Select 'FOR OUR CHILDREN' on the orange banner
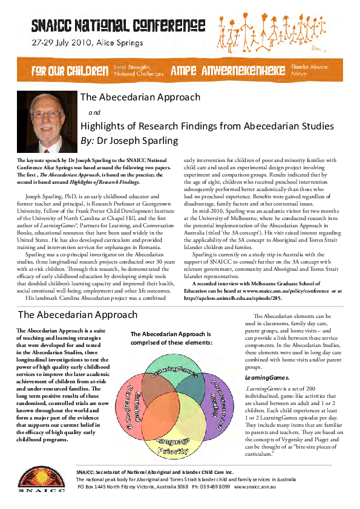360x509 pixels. (x=70, y=71)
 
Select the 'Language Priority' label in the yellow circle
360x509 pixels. (x=177, y=445)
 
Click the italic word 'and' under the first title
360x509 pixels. (x=94, y=112)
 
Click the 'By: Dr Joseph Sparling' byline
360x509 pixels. (x=129, y=141)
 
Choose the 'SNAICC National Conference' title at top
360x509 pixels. (x=119, y=25)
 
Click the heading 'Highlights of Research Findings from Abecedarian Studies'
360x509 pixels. (x=207, y=126)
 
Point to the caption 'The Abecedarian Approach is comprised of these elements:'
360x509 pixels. (x=171, y=338)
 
